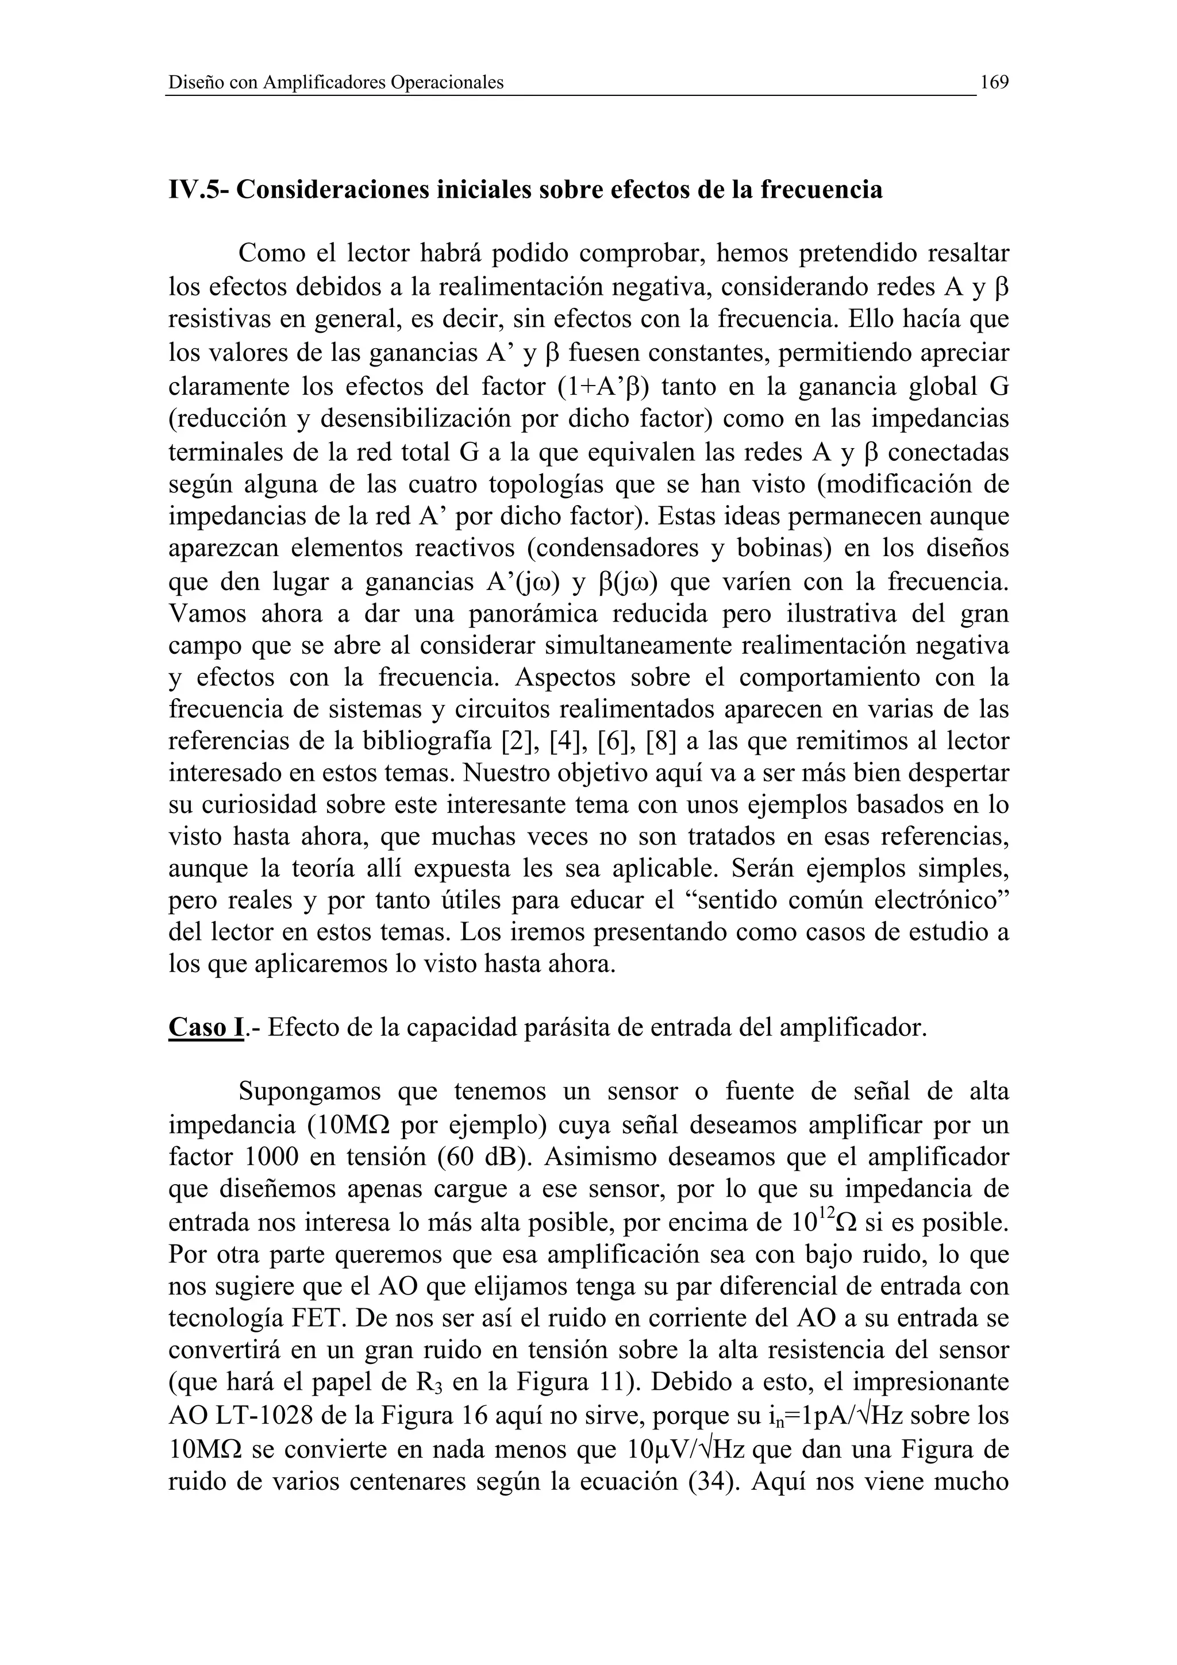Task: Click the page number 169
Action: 994,83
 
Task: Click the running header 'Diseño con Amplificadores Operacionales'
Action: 335,83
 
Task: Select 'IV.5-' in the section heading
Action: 199,190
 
